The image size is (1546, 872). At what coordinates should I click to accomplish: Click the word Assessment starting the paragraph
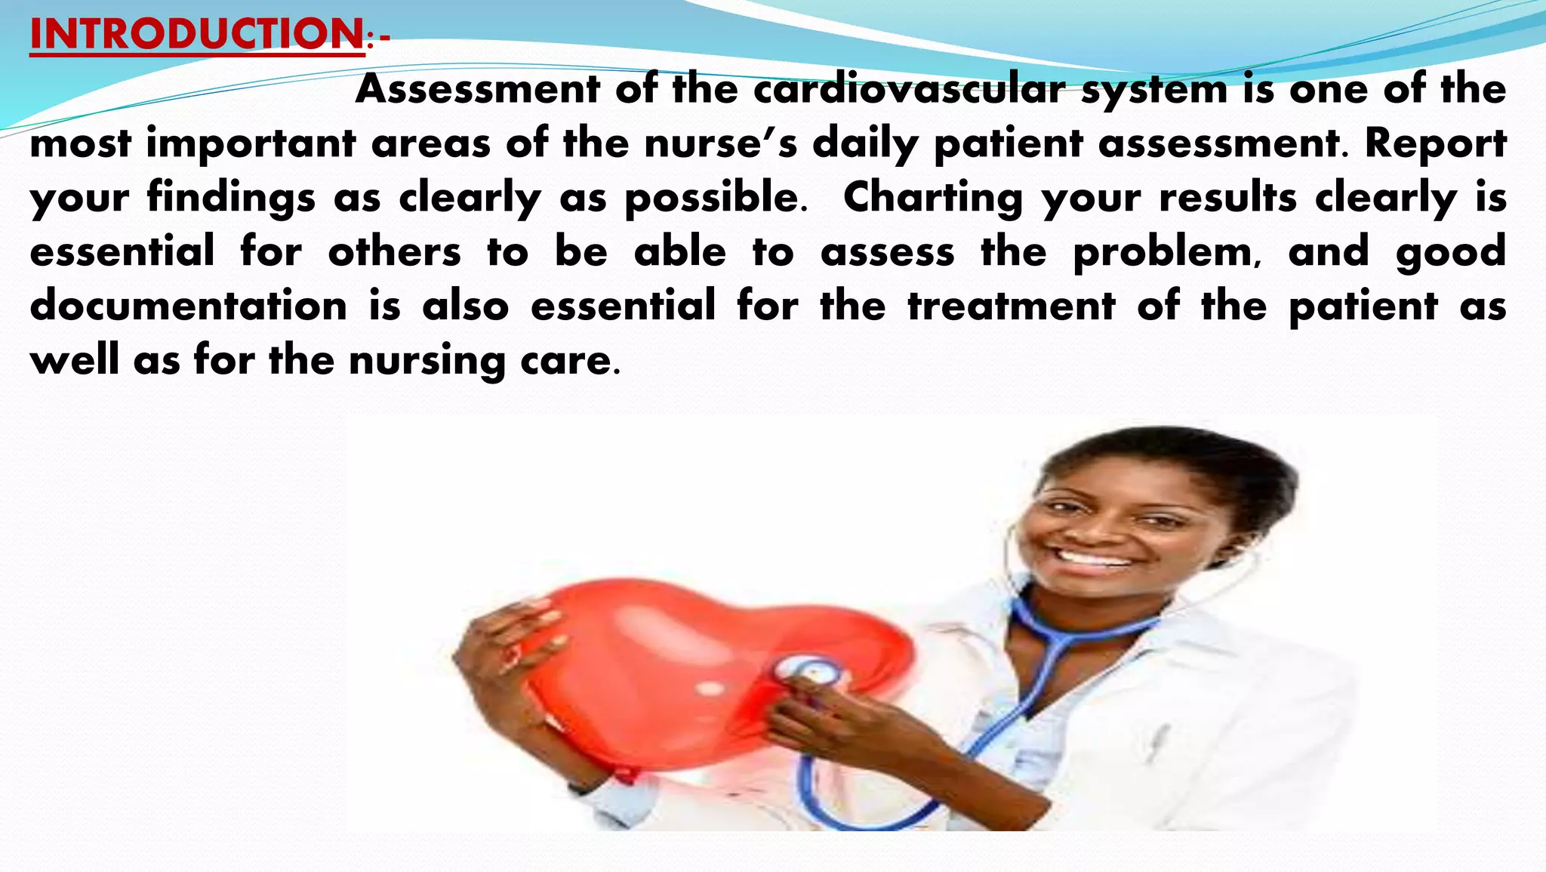click(x=477, y=89)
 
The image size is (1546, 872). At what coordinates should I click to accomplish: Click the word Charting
click(x=932, y=198)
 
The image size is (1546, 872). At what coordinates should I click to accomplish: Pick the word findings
click(x=231, y=198)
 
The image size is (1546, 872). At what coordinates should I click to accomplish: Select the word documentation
click(x=189, y=307)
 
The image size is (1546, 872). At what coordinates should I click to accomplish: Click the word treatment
click(x=1012, y=307)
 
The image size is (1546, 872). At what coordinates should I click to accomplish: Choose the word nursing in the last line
click(x=427, y=361)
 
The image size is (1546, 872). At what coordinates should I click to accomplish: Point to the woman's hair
click(x=1178, y=461)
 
